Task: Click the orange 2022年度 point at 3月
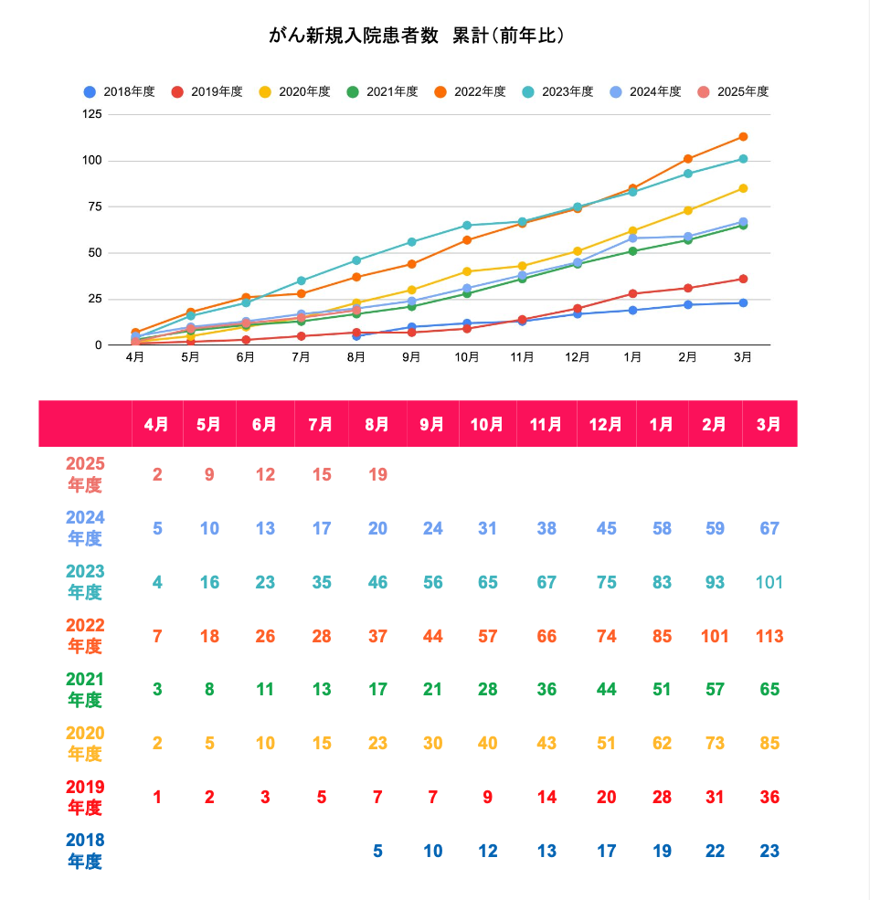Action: point(743,137)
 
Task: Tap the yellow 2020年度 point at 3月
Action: point(743,188)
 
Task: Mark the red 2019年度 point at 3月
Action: point(743,279)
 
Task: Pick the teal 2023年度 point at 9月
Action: point(412,242)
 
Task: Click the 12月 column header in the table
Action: point(605,424)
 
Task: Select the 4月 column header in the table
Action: point(157,424)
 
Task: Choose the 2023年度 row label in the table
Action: point(85,582)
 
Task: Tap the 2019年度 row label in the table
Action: point(85,798)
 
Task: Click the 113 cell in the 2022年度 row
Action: point(769,636)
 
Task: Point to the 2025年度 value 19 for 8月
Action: point(377,474)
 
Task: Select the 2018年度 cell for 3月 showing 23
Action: point(769,852)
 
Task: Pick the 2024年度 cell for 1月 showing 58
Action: point(663,528)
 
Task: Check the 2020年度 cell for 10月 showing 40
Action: point(487,744)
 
